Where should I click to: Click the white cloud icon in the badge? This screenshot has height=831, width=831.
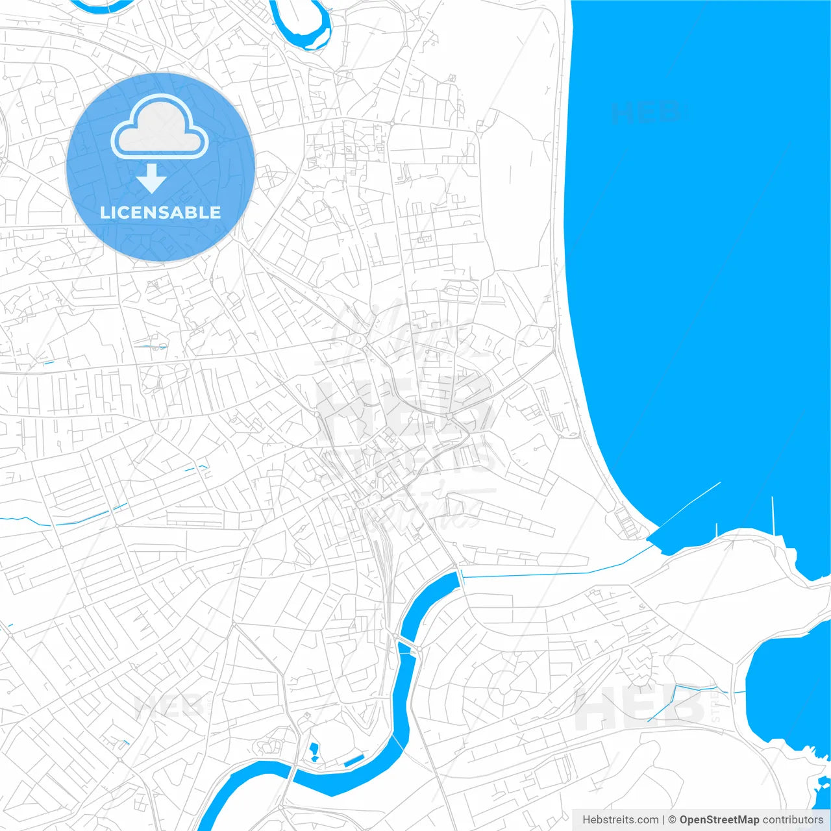[x=160, y=127]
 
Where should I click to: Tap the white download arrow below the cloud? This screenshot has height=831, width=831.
[x=152, y=179]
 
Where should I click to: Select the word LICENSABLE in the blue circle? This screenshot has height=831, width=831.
[x=160, y=212]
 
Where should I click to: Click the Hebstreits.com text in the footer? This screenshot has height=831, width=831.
[x=620, y=820]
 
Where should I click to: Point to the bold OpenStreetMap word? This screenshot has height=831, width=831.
[x=719, y=820]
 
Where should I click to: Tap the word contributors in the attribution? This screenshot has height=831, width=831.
[x=793, y=820]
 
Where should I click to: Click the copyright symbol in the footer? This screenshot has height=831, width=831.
[x=673, y=820]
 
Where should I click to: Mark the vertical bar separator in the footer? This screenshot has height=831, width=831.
[x=664, y=820]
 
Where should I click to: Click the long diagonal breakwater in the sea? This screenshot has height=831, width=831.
[x=688, y=505]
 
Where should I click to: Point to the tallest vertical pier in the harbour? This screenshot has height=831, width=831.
[x=773, y=516]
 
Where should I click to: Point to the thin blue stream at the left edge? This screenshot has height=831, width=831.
[x=58, y=522]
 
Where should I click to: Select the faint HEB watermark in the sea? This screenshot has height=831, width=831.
[x=646, y=112]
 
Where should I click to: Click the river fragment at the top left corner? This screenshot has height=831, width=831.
[x=97, y=6]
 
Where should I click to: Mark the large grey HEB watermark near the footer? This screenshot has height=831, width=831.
[x=639, y=708]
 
